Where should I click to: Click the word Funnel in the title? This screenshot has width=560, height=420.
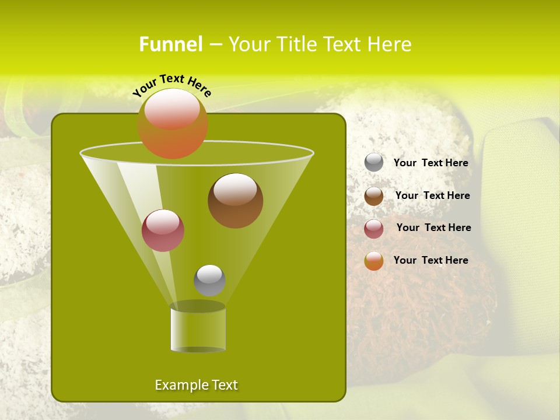pyautogui.click(x=170, y=44)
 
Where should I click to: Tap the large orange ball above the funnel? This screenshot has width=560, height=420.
pyautogui.click(x=173, y=124)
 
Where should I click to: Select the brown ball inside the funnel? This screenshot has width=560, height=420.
pyautogui.click(x=235, y=201)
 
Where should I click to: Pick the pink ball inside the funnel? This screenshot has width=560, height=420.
pyautogui.click(x=163, y=230)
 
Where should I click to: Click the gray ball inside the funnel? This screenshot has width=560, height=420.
pyautogui.click(x=209, y=280)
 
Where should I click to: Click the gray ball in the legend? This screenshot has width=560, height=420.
pyautogui.click(x=374, y=162)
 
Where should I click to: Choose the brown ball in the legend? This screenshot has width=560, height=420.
pyautogui.click(x=374, y=195)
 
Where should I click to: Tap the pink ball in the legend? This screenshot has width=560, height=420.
pyautogui.click(x=374, y=228)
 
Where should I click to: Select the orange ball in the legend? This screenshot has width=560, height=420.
pyautogui.click(x=374, y=261)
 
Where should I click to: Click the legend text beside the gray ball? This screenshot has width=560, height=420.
pyautogui.click(x=430, y=163)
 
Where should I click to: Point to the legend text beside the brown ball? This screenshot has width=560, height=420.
pyautogui.click(x=432, y=195)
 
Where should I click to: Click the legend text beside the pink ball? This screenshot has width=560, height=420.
pyautogui.click(x=433, y=228)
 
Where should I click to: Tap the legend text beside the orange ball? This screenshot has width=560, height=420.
pyautogui.click(x=430, y=260)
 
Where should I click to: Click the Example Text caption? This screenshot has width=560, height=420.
pyautogui.click(x=196, y=385)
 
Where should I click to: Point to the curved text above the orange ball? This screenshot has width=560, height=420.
pyautogui.click(x=171, y=85)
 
